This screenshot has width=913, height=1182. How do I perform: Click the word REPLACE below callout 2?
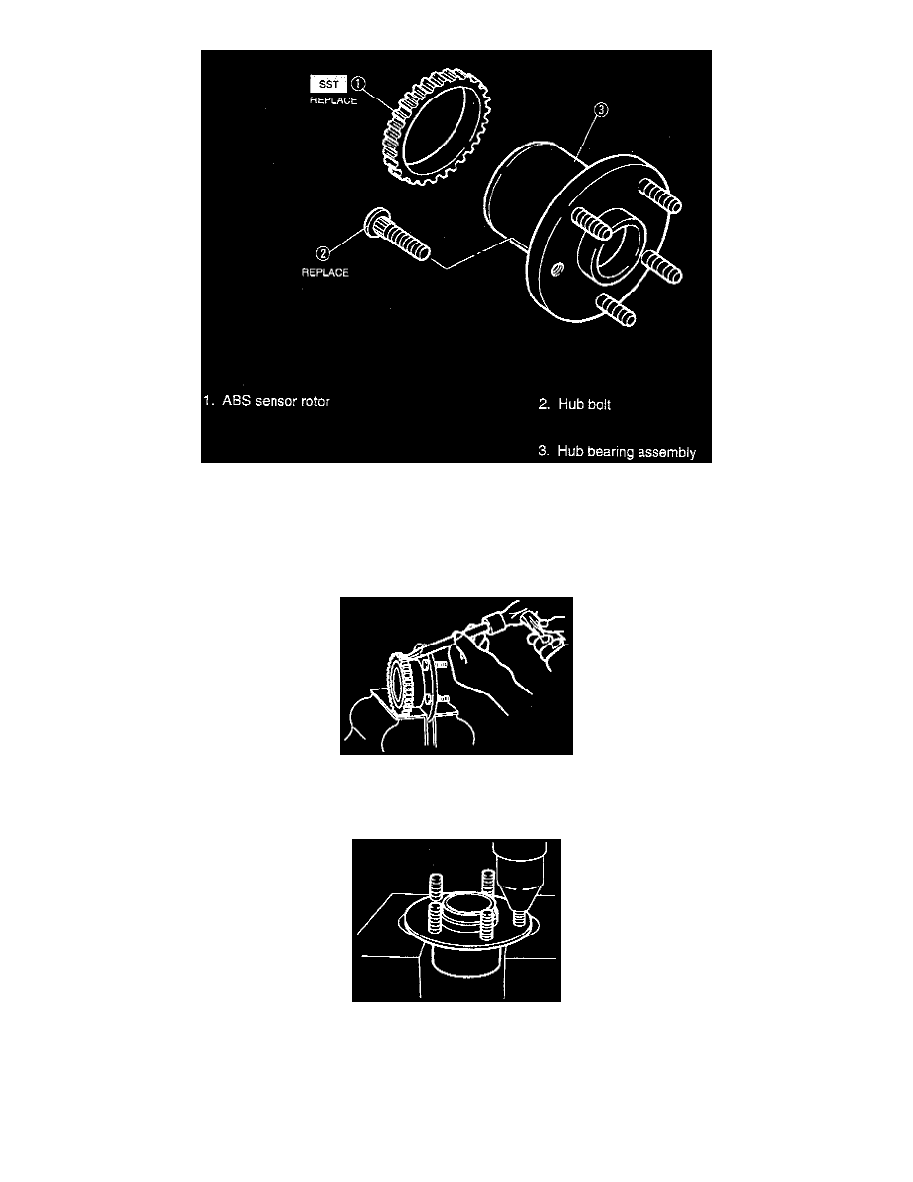(326, 272)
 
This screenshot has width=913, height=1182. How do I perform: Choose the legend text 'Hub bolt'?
(583, 405)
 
